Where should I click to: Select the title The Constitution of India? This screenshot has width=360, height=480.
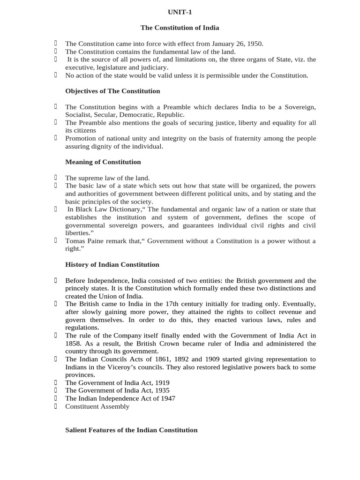point(180,28)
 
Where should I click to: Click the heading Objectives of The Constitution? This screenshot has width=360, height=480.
point(112,91)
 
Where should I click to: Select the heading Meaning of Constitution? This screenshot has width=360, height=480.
point(103,162)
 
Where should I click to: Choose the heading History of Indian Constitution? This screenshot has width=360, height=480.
point(112,264)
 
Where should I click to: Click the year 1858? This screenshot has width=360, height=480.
point(74,344)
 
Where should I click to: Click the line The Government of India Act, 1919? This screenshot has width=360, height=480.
point(117,382)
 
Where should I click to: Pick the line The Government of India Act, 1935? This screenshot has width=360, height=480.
point(117,390)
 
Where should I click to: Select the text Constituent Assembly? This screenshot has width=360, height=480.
point(97,406)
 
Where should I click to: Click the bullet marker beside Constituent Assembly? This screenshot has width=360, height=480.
point(55,406)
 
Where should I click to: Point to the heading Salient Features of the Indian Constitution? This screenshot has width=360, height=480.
point(131,430)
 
